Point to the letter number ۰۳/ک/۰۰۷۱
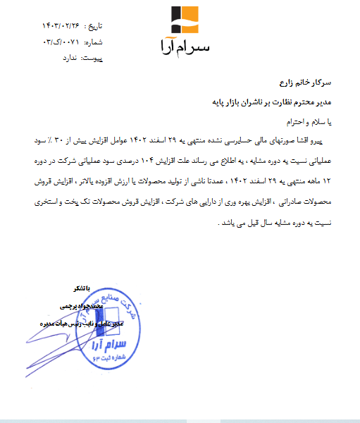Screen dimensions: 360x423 pos(62,43)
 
